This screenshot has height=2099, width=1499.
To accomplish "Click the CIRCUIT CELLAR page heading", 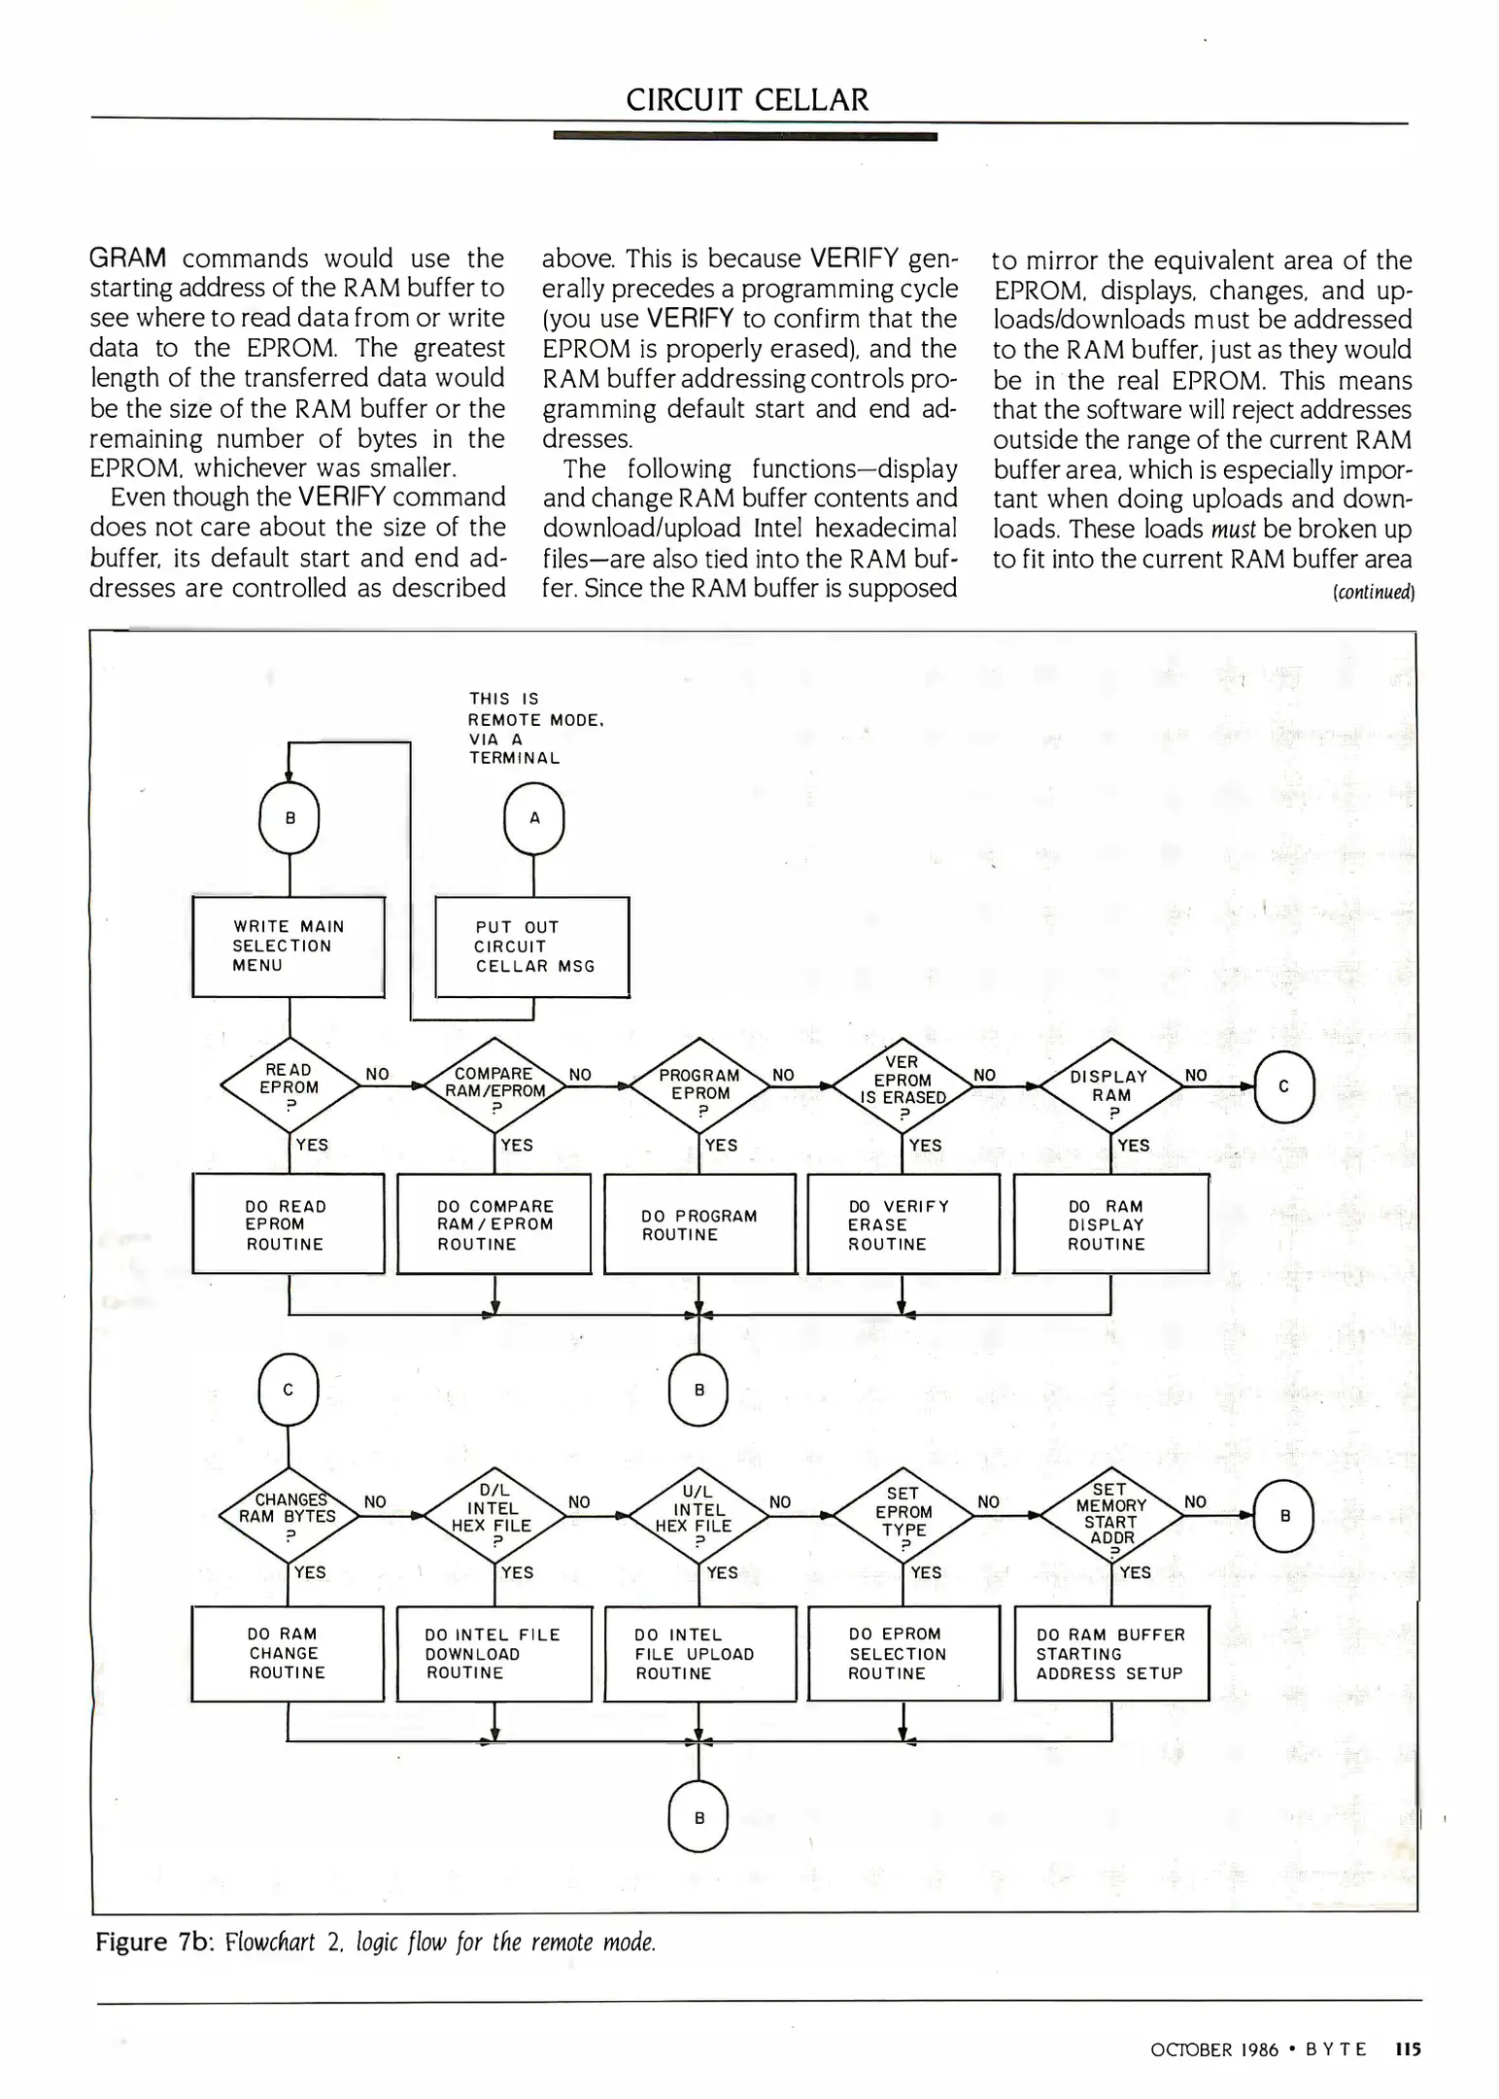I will (746, 100).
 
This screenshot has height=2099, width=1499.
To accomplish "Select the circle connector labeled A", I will (533, 818).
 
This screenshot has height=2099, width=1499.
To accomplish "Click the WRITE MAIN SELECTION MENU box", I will (289, 946).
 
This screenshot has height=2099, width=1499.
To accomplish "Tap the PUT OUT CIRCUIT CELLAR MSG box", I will (532, 947).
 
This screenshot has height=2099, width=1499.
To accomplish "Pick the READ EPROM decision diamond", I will (290, 1087).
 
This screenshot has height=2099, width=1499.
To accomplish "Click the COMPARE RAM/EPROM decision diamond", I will (494, 1087).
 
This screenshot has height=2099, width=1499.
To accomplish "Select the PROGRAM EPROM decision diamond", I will (699, 1087).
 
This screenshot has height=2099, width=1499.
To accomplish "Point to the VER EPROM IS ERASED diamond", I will (903, 1087).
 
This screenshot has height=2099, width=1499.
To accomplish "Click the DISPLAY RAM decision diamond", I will (1110, 1087).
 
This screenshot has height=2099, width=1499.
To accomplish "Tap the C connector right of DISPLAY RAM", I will (1283, 1086).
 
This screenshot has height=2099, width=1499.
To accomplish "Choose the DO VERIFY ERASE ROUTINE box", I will (903, 1224).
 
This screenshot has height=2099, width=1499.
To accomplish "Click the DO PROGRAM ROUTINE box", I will (699, 1224).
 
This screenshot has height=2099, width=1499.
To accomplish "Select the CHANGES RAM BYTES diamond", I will (289, 1516).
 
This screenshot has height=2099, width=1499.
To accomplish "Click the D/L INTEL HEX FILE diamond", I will (494, 1516).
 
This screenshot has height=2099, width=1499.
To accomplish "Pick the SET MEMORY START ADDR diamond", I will (1110, 1516).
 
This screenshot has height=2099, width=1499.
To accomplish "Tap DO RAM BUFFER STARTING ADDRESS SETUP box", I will (1110, 1654).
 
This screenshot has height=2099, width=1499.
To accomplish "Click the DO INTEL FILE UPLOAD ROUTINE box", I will (699, 1654).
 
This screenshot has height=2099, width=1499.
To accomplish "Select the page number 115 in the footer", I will (1407, 2049).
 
